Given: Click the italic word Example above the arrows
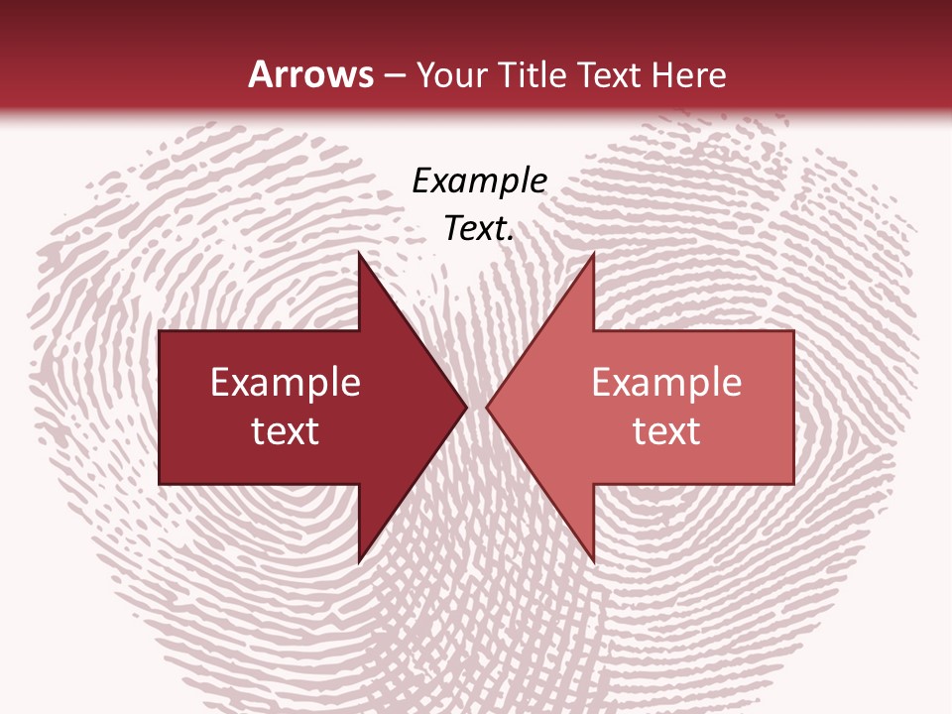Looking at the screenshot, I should coord(479,181).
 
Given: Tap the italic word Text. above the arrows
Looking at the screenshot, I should coord(479,229).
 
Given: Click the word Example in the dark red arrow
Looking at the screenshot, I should coord(285,383).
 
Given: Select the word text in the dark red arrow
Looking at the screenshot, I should coord(285,431).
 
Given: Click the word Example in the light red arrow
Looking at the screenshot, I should coord(666,383).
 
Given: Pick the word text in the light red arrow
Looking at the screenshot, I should coord(666,431).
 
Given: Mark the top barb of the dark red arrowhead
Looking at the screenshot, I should coord(360,255).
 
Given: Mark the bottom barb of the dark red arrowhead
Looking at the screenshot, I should coord(360,560).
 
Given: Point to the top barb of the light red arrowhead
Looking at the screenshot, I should coord(593,255).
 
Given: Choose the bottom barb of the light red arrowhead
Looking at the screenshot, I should coord(593,560).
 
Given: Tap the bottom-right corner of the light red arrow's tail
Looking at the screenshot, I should coord(792,483).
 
